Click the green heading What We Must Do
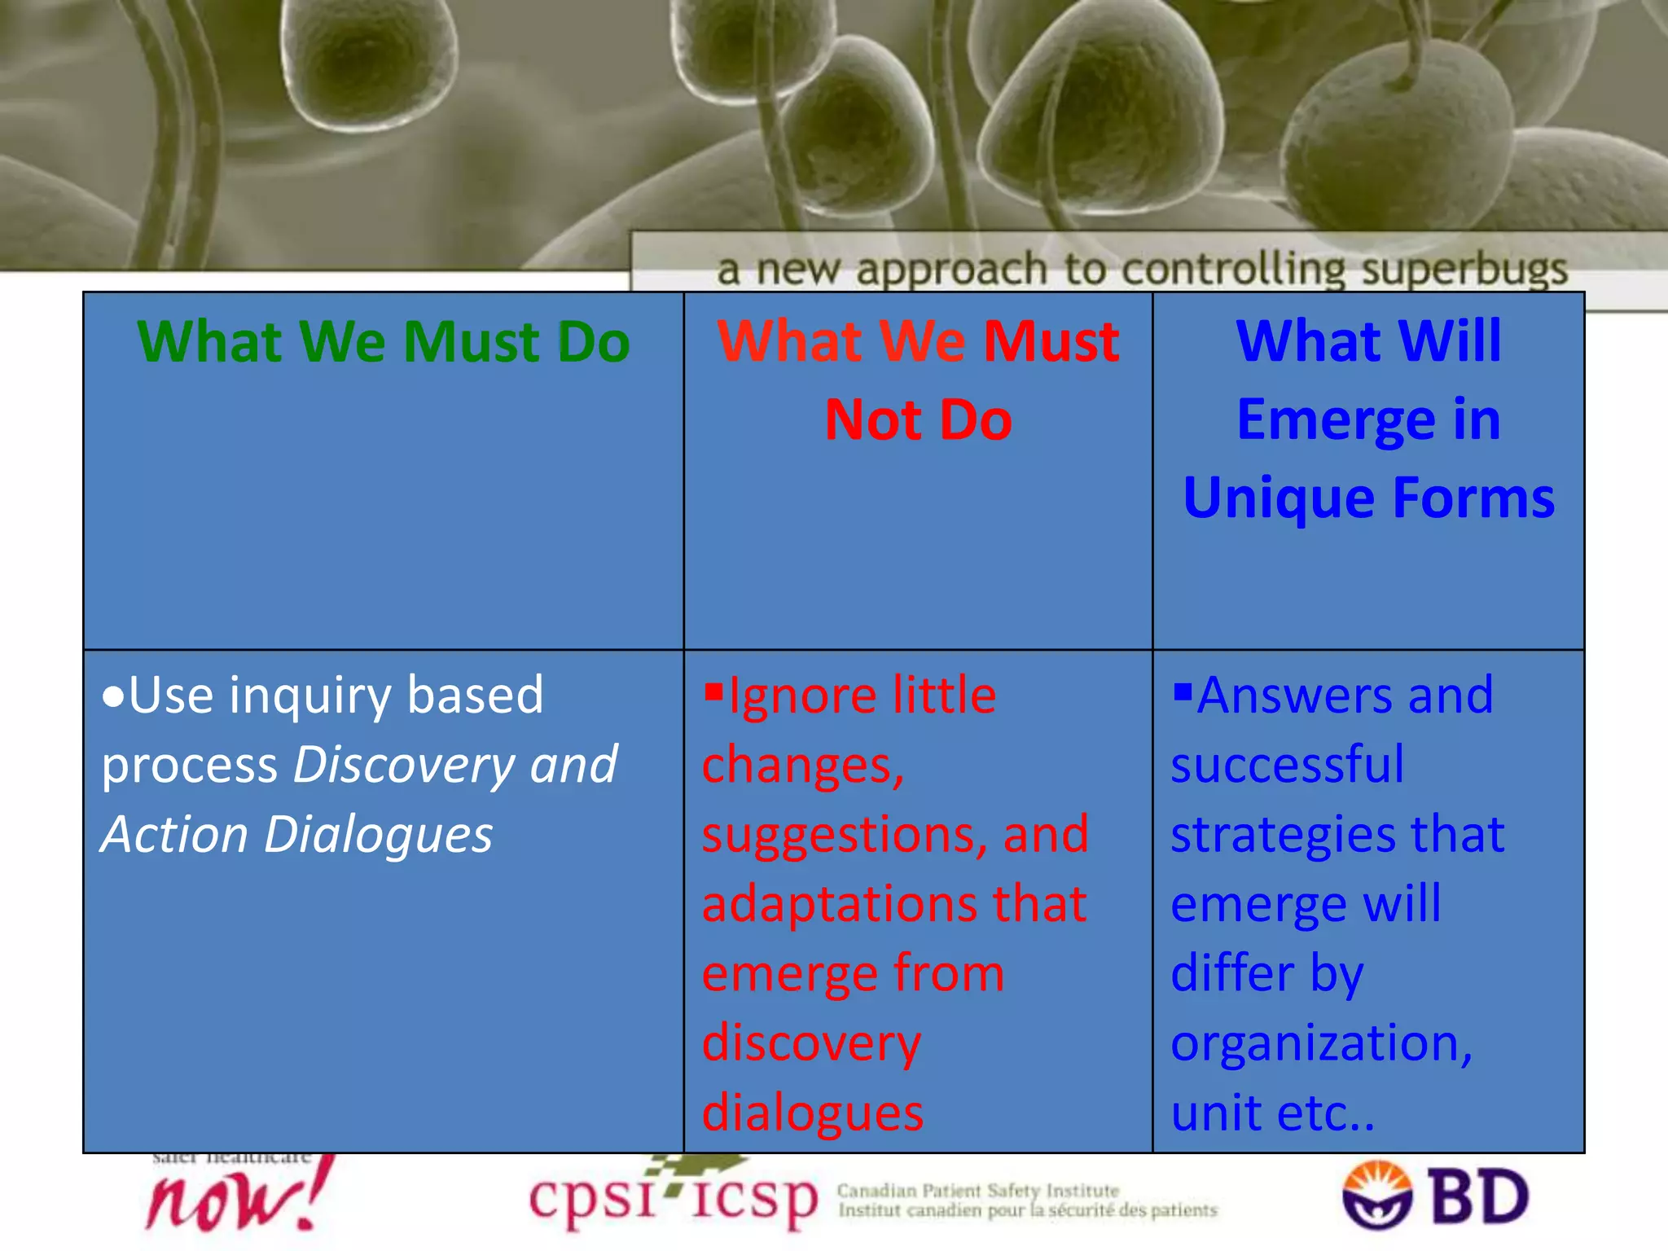click(383, 341)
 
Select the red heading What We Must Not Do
click(918, 380)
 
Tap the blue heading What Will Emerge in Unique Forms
click(1368, 419)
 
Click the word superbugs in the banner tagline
click(1464, 269)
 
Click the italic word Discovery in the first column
click(403, 766)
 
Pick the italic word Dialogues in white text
click(379, 836)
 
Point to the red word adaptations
click(839, 904)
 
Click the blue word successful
click(1287, 766)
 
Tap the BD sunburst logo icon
click(1376, 1195)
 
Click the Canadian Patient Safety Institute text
click(977, 1191)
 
